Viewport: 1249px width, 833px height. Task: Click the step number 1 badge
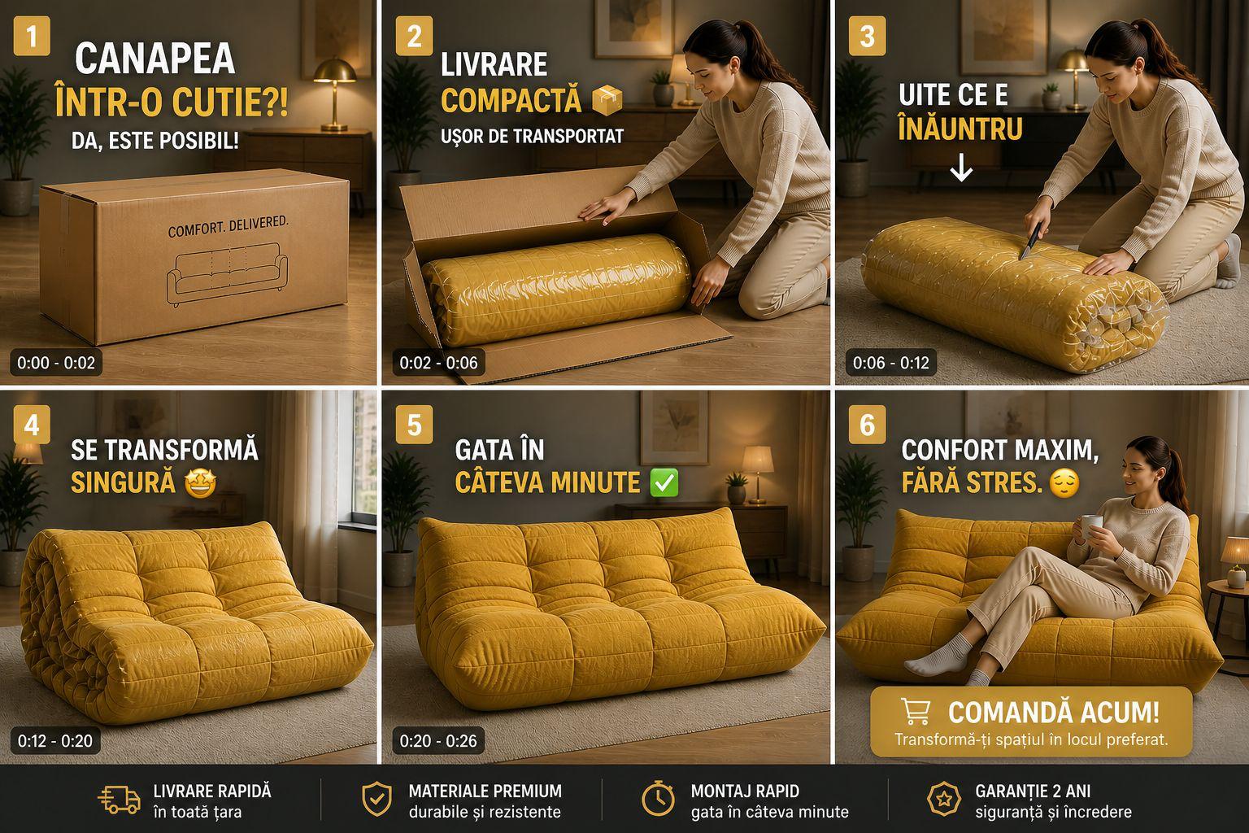[31, 37]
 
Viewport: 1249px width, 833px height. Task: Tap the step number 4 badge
[31, 425]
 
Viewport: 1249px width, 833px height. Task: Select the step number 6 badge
[867, 425]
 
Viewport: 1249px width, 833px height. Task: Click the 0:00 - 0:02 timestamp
[56, 363]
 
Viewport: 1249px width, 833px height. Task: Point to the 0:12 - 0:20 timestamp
[55, 740]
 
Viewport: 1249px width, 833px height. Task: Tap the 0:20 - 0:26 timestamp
[438, 740]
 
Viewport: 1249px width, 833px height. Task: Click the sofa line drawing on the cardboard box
[227, 273]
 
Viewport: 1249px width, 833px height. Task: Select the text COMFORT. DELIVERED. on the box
[228, 226]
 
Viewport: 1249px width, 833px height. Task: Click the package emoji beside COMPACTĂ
[607, 100]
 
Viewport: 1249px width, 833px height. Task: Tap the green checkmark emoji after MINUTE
[664, 482]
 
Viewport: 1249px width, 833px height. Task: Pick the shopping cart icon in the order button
[915, 711]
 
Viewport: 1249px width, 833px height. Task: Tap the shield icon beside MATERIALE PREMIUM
[377, 799]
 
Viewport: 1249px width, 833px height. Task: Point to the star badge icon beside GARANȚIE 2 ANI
[943, 799]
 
